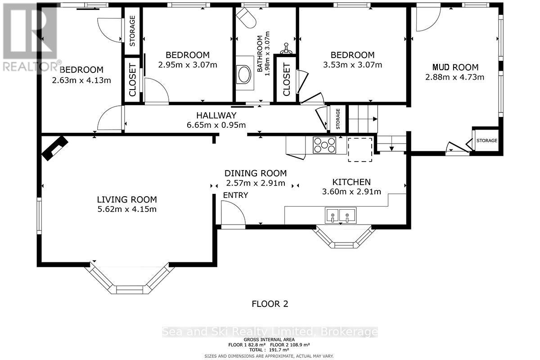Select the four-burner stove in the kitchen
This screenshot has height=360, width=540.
coord(324,145)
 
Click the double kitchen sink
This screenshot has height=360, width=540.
coord(340,215)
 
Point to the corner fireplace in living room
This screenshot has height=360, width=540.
coord(55,148)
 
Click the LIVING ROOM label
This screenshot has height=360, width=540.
coord(127,200)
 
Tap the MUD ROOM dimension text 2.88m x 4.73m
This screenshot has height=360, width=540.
coord(454,77)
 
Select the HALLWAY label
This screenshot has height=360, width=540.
coord(216,116)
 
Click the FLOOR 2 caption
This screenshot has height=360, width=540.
coord(270,304)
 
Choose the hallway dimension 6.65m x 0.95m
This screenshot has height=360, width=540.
coord(216,125)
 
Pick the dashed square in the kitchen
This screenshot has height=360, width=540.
coord(360,150)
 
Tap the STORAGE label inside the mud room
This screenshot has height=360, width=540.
coord(487,140)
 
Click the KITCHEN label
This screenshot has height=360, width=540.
coord(351,182)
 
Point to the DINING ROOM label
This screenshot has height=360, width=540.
coord(256,173)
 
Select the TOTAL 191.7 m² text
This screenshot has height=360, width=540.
coord(269,350)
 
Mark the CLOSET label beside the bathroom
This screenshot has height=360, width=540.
coord(286,79)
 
